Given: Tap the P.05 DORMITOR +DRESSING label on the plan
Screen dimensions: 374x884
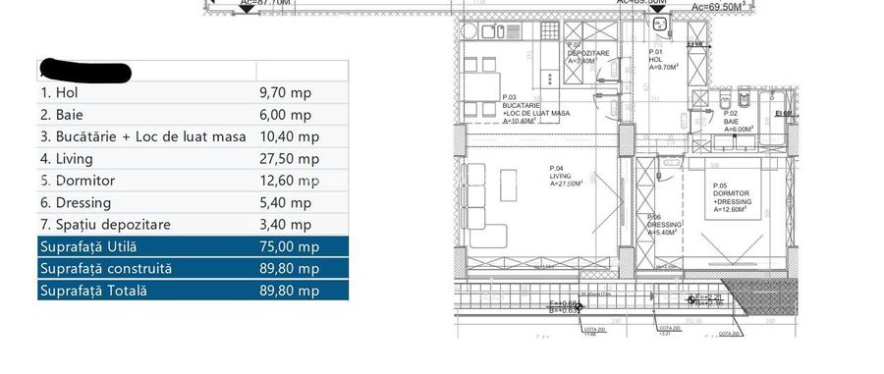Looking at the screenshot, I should [732, 196].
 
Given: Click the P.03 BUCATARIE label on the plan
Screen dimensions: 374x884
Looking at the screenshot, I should [534, 109].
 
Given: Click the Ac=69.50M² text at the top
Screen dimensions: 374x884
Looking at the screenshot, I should [722, 6].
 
